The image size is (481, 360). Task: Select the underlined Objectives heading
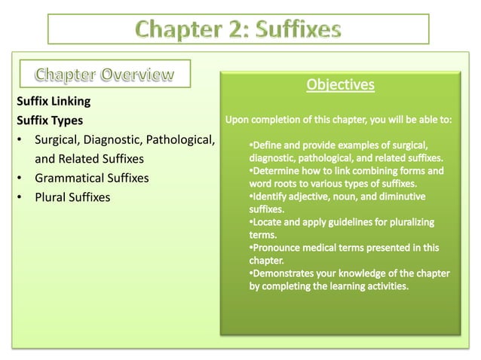pyautogui.click(x=340, y=84)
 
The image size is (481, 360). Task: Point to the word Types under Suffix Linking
pyautogui.click(x=67, y=120)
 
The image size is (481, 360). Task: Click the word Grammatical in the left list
pyautogui.click(x=68, y=178)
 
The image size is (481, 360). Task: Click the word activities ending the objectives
pyautogui.click(x=384, y=286)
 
